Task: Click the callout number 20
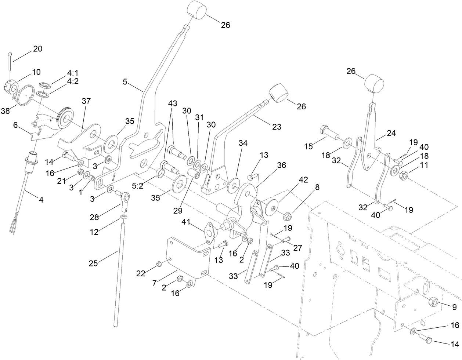pos(38,49)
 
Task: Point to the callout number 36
pos(281,166)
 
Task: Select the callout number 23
pos(277,127)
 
